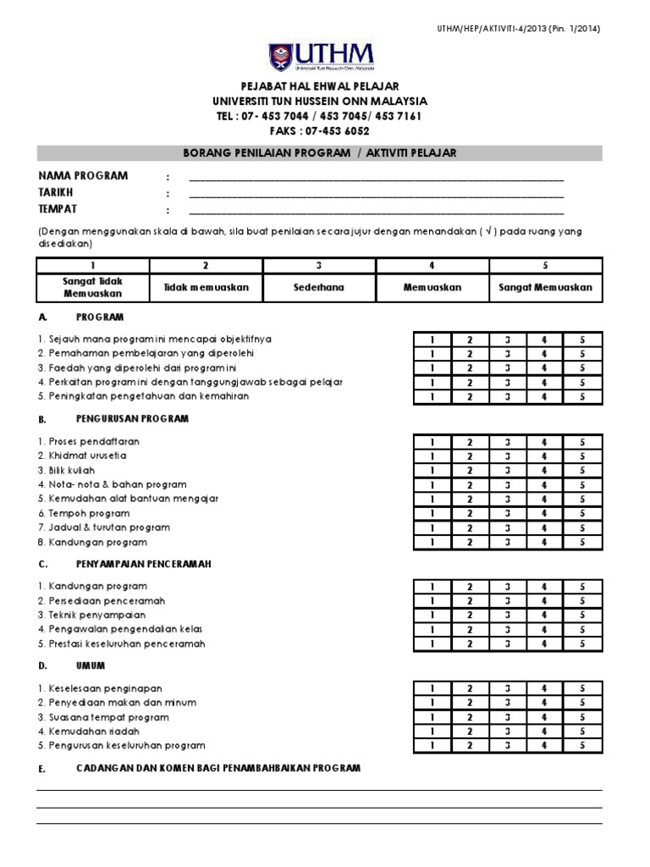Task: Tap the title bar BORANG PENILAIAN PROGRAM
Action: tap(319, 152)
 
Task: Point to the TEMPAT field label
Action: tap(58, 209)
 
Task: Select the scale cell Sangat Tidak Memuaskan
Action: tap(93, 287)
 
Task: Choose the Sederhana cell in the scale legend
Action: tap(319, 287)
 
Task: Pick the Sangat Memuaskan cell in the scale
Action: tap(546, 287)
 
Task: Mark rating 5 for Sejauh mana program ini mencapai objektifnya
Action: tap(582, 340)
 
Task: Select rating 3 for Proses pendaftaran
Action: tap(507, 442)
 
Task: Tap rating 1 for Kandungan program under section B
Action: tap(432, 543)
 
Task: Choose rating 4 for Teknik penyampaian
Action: tap(545, 616)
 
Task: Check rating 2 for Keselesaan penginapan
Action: tap(470, 688)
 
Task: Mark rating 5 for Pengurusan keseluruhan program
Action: tap(582, 746)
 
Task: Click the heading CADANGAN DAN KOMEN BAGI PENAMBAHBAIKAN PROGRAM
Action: tap(218, 768)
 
